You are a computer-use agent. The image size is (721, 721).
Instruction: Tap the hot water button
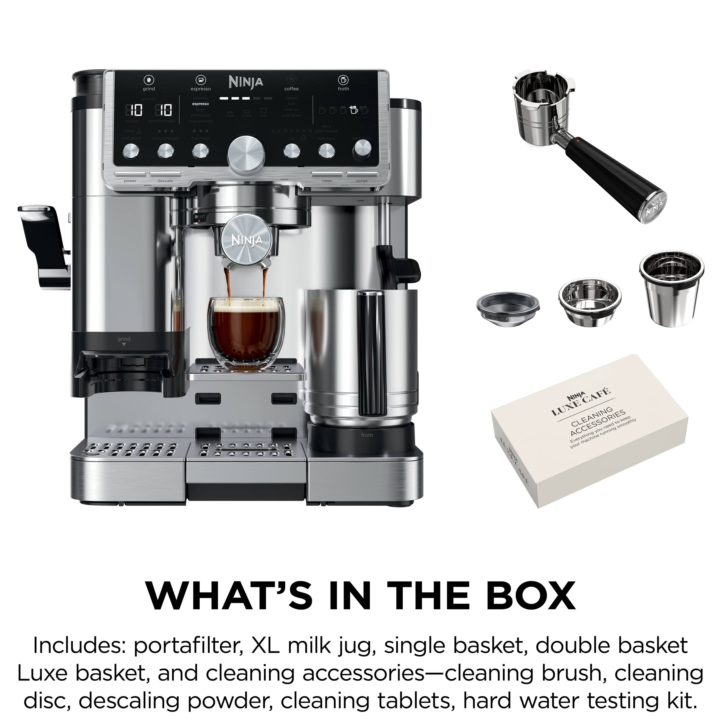pos(200,150)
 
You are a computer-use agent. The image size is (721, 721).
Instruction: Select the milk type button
pos(327,151)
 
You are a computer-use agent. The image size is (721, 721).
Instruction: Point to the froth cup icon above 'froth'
pos(343,80)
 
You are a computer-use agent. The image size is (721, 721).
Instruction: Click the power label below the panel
pos(130,181)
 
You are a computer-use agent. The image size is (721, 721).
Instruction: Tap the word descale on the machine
pos(165,181)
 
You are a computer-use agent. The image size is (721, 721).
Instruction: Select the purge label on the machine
pos(362,181)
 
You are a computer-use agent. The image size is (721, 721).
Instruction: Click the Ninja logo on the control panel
pos(246,82)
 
